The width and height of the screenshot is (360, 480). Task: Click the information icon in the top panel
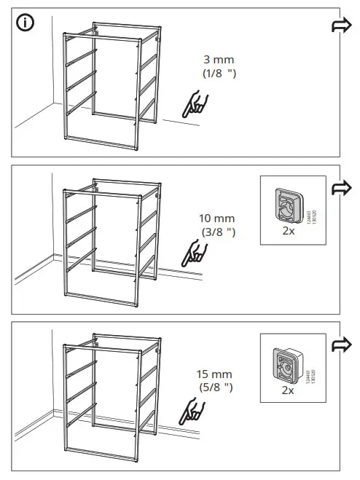click(26, 23)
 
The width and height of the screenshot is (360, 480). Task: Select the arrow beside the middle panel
click(341, 187)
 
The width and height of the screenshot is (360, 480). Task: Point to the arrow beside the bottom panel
click(341, 344)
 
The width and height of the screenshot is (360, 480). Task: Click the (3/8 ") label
click(219, 232)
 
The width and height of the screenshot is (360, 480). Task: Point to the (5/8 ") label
click(216, 388)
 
